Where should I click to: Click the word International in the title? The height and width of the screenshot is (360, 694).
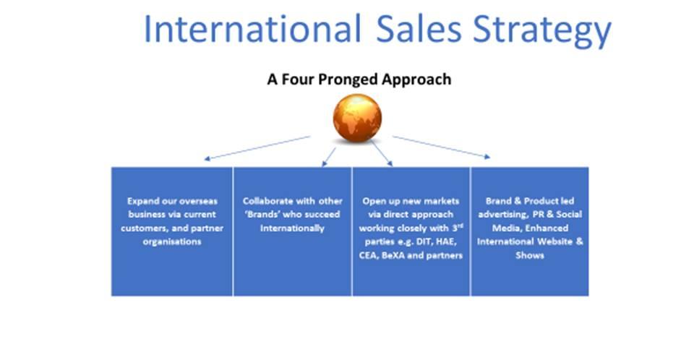(252, 29)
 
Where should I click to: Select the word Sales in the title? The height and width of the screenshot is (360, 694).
(419, 29)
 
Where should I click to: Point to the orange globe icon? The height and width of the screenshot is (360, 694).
(357, 119)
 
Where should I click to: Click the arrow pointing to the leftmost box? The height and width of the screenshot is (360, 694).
(257, 148)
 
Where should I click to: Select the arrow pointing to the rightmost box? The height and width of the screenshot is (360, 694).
(441, 147)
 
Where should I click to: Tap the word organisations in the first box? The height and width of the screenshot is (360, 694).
(172, 241)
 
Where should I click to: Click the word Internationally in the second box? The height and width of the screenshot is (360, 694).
(292, 228)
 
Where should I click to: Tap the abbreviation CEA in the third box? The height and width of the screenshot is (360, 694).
(368, 255)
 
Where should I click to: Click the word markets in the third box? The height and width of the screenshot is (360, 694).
(441, 201)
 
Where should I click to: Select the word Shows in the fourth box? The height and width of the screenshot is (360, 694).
(530, 255)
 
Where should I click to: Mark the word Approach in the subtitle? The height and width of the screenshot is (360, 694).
(416, 80)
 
